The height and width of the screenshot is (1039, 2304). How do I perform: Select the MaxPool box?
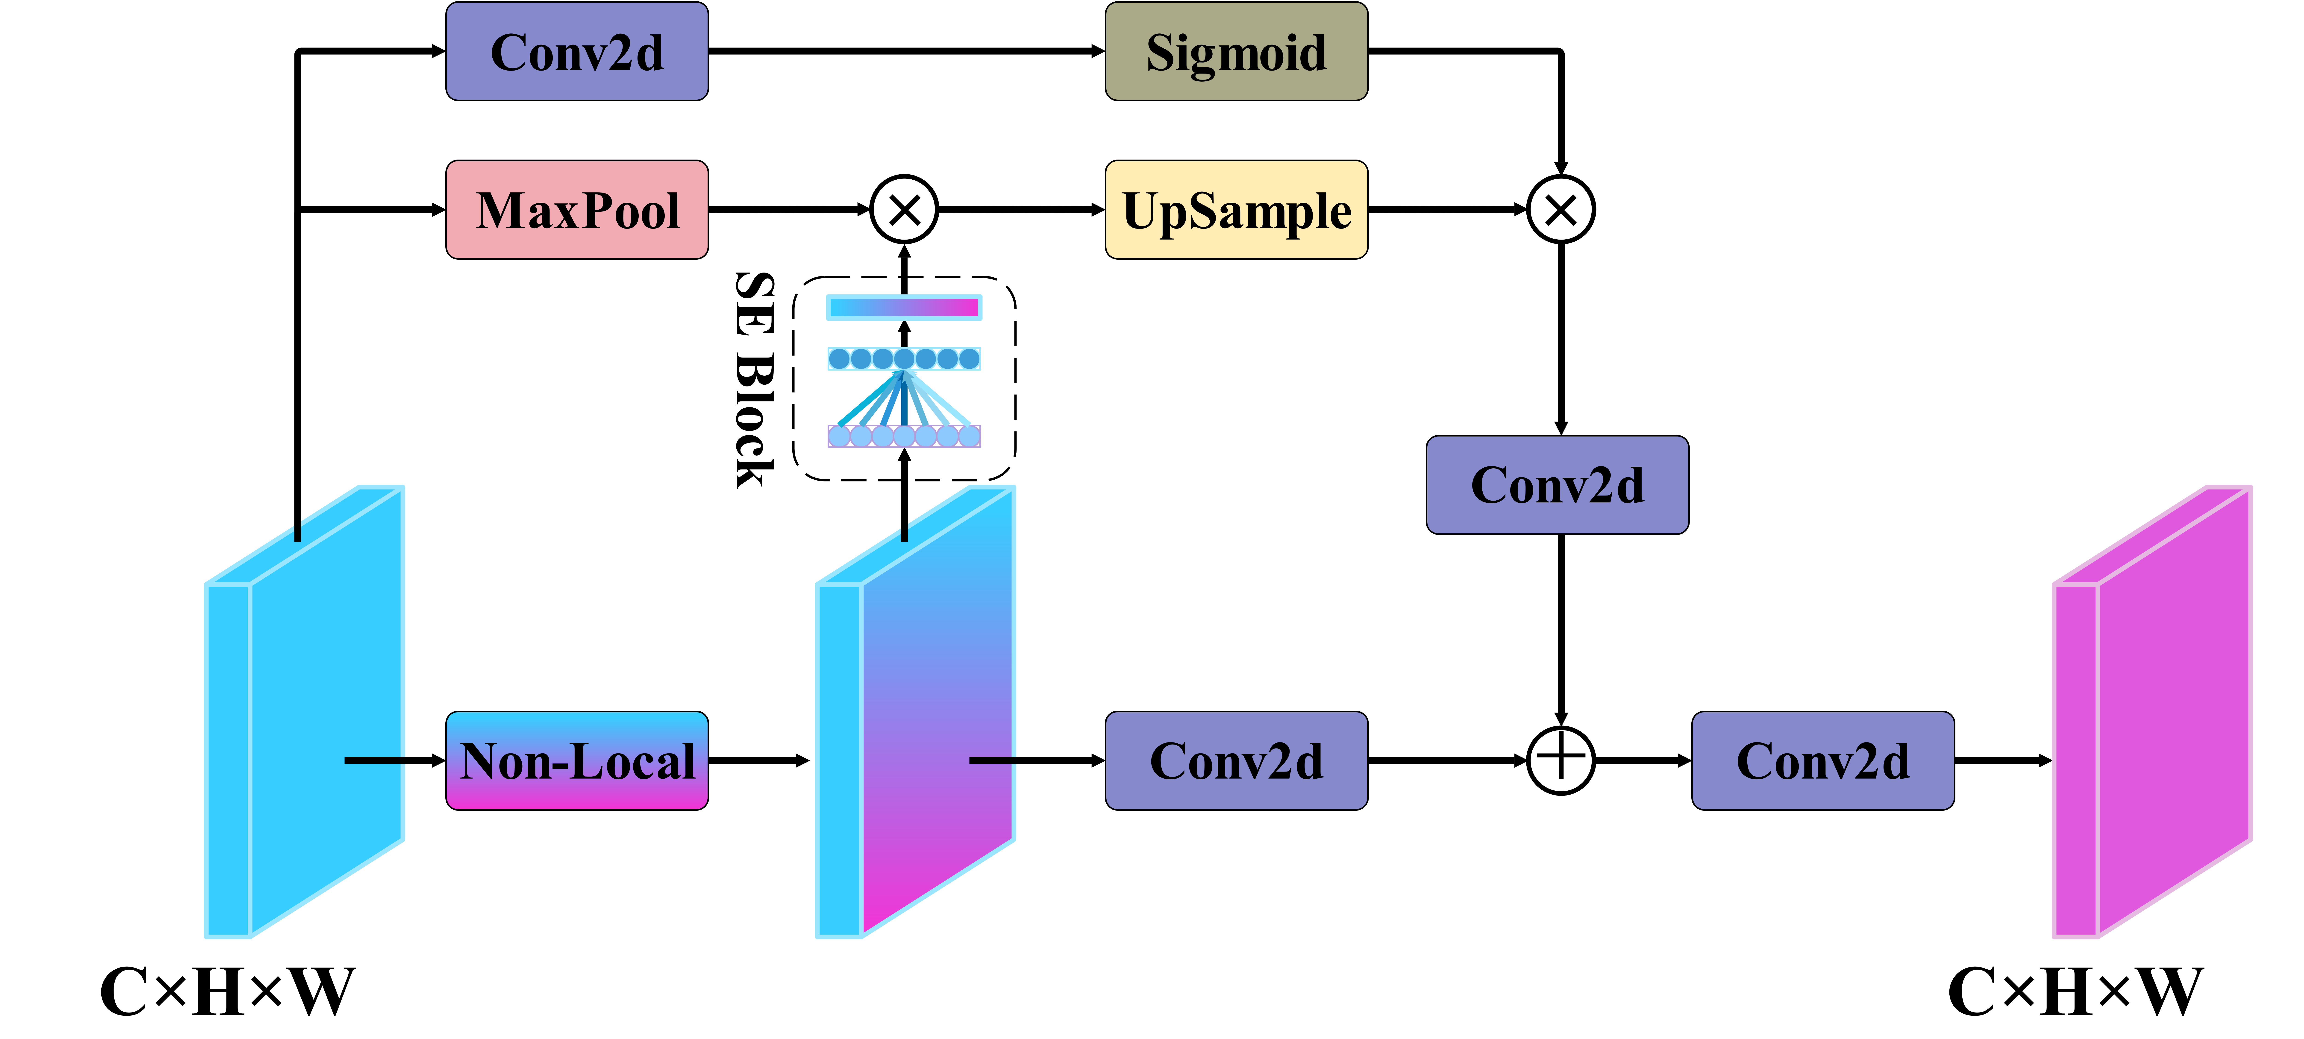[577, 209]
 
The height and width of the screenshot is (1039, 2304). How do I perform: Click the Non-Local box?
[577, 761]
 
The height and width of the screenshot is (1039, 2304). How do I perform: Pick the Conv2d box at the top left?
[577, 51]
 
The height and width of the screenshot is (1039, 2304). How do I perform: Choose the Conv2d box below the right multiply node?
[1557, 485]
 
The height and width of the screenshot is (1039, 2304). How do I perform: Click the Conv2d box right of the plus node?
[1823, 761]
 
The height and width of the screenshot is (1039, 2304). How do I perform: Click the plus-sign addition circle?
[1561, 761]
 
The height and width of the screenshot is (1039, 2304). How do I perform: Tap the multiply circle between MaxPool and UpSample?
[904, 209]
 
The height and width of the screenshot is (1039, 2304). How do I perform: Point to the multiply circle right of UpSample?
[1561, 209]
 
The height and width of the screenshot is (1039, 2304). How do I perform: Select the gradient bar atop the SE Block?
[904, 308]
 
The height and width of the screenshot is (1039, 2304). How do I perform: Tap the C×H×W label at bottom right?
[2075, 992]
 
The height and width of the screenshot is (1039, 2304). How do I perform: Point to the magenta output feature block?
[2151, 712]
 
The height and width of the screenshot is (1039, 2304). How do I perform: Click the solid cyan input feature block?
[304, 712]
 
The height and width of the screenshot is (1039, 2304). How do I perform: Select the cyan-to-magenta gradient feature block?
[915, 712]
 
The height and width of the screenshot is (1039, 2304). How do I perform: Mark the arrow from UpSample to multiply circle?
[1448, 209]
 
